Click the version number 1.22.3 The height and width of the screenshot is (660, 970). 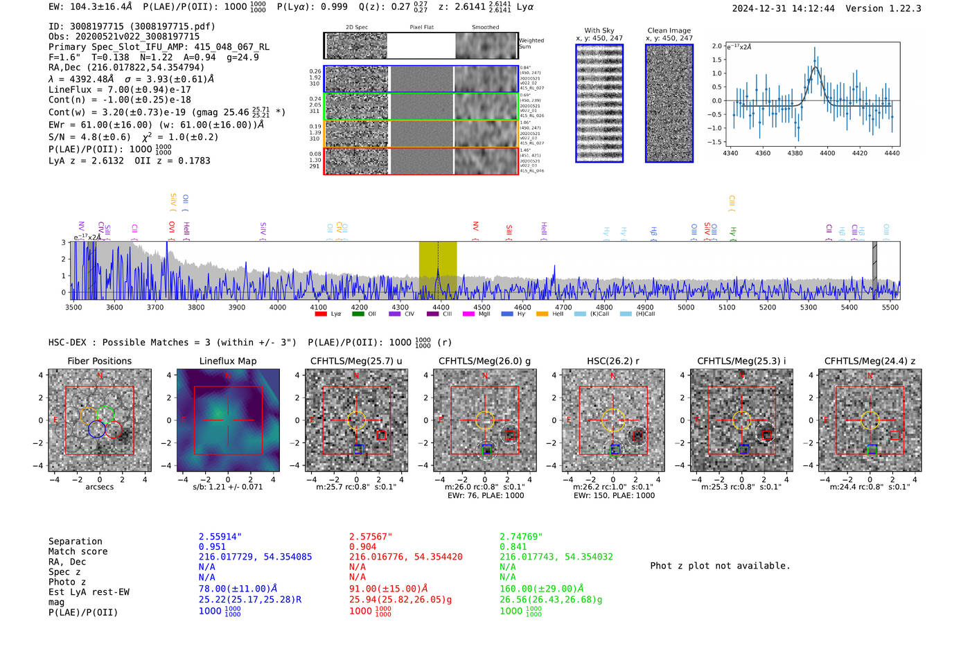pos(900,8)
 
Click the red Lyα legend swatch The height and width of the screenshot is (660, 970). pos(321,314)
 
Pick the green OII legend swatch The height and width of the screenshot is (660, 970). pos(358,314)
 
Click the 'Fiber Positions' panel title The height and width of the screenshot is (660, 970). pos(99,361)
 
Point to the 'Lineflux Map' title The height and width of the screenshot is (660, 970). pos(227,361)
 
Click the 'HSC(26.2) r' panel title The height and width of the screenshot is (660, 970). pos(612,361)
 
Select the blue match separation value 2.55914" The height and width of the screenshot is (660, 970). pos(220,537)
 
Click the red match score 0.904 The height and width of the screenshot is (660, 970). pos(362,546)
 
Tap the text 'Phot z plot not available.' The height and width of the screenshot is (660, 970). pos(720,566)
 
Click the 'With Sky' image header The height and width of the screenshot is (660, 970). pos(599,30)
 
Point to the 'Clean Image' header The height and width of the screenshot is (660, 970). pos(669,30)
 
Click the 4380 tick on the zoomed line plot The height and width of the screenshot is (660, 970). pos(795,153)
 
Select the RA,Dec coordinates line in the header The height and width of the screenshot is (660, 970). pos(126,67)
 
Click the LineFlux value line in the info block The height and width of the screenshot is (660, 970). pos(119,89)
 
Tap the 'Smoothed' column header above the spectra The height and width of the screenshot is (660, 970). pos(485,28)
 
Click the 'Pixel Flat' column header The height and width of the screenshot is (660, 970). pos(421,28)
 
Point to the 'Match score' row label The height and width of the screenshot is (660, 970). pos(78,551)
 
